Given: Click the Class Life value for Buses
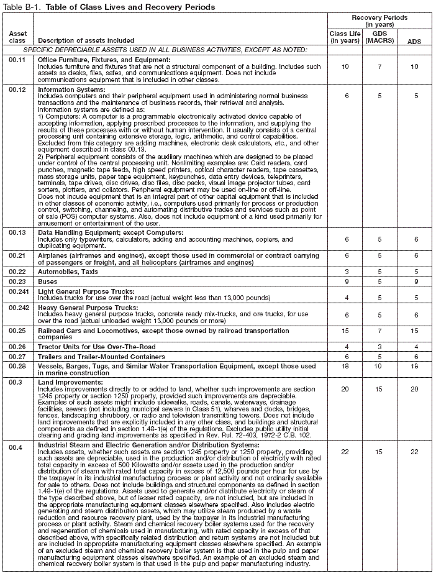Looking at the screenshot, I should pyautogui.click(x=345, y=281).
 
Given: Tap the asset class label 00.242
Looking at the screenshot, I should pyautogui.click(x=19, y=307).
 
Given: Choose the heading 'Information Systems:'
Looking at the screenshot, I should pyautogui.click(x=71, y=89).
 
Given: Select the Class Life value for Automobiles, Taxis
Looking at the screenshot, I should pyautogui.click(x=345, y=272).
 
